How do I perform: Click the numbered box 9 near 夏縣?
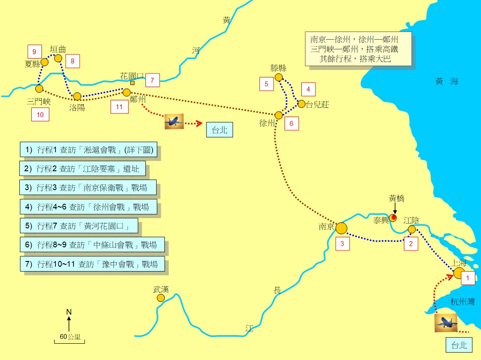34,51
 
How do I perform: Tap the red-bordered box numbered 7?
152,81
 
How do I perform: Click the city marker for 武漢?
161,298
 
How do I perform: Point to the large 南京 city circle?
341,228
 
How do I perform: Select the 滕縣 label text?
278,68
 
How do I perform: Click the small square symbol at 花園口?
132,83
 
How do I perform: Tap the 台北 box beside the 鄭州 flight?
219,130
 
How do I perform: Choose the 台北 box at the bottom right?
459,345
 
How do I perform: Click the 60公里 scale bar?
69,339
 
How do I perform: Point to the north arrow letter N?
69,312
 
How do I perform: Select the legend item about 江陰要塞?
83,169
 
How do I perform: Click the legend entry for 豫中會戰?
92,264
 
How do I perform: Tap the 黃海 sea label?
447,81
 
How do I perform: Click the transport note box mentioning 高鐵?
358,48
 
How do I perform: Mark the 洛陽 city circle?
77,96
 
